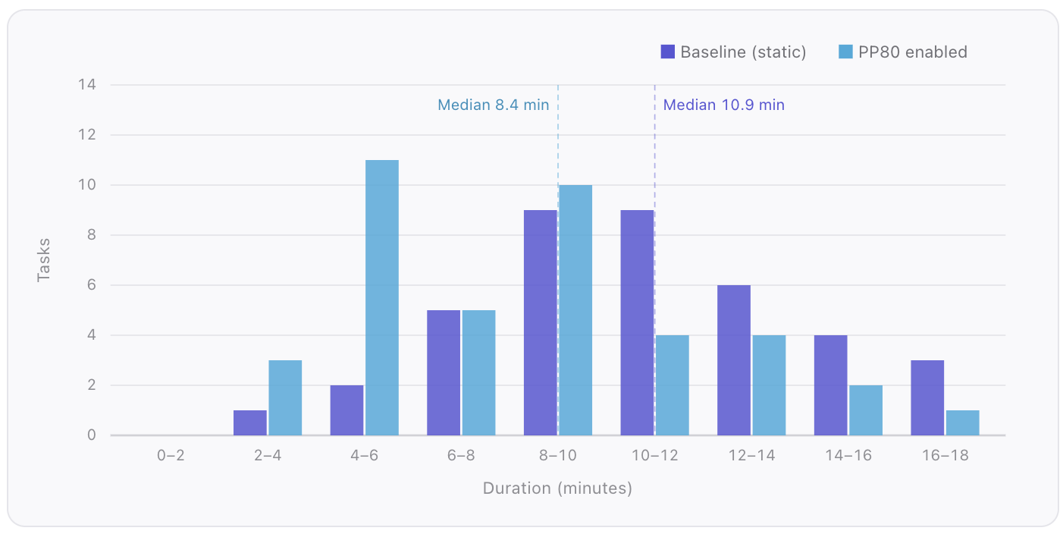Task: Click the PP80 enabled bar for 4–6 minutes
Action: point(381,297)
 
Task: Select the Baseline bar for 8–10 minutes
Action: point(540,322)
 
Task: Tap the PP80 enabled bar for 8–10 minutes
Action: point(575,310)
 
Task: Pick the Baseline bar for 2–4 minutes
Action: point(249,422)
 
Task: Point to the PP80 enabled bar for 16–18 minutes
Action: point(962,422)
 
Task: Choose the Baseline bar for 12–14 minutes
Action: point(733,360)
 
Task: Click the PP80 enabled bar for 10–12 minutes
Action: point(672,385)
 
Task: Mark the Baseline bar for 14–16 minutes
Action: point(830,385)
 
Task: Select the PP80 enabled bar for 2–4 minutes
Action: point(284,397)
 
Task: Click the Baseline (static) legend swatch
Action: point(667,52)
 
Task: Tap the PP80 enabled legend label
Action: point(913,52)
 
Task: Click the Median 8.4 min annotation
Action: point(493,105)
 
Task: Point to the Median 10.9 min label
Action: point(723,105)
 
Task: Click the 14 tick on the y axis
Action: point(87,84)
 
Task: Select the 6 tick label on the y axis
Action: point(91,285)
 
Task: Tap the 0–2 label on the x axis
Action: point(171,455)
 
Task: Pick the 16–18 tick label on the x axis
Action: point(945,455)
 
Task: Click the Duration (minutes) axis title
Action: point(557,488)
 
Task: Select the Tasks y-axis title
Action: point(43,260)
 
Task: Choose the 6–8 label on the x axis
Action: point(461,455)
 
